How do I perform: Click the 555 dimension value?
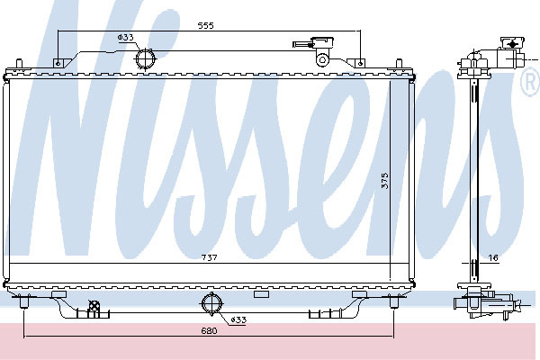(205, 25)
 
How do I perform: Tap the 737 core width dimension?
(209, 257)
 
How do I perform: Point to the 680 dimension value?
(209, 330)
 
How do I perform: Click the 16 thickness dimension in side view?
(493, 257)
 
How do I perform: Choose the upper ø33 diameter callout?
(126, 37)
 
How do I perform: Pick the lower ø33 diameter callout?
(238, 319)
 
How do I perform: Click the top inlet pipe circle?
(145, 58)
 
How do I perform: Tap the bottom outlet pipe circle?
(211, 303)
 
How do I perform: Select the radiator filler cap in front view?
(323, 42)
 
